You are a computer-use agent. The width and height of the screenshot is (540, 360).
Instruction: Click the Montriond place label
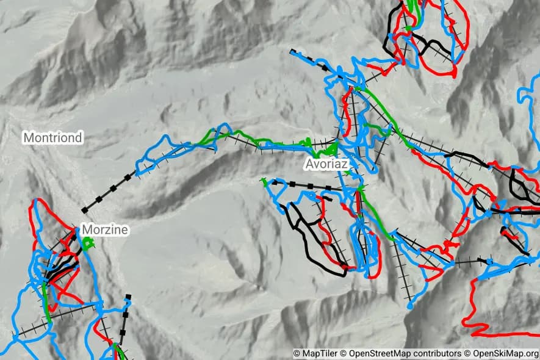(x=52, y=138)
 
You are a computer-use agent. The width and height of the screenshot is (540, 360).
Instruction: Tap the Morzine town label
(x=104, y=230)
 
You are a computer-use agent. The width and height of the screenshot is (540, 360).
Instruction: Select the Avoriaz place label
(x=327, y=164)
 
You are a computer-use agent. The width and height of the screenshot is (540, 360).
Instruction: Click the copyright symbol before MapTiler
(x=297, y=353)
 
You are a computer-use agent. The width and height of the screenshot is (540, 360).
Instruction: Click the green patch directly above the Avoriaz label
(x=330, y=148)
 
